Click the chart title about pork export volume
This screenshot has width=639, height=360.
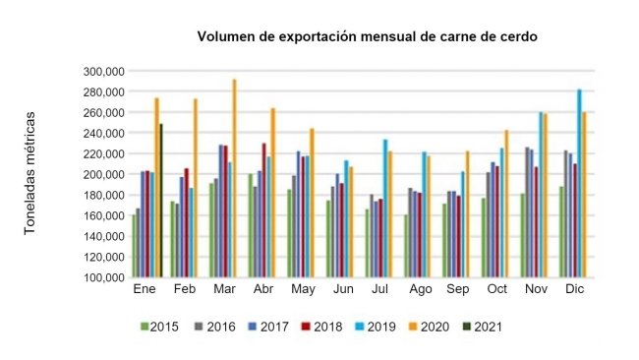(x=367, y=37)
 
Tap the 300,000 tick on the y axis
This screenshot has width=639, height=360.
(x=102, y=71)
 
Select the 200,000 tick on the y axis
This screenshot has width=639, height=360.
(x=102, y=174)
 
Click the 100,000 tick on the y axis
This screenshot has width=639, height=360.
(x=102, y=277)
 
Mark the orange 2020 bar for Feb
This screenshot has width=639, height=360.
(x=195, y=188)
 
